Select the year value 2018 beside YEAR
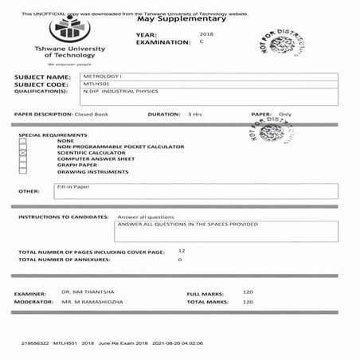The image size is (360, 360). tap(206, 35)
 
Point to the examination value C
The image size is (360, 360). tap(202, 42)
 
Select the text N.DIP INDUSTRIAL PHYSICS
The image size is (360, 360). tap(119, 92)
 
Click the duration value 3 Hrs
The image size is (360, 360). tap(194, 115)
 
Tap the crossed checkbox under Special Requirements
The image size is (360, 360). tap(23, 152)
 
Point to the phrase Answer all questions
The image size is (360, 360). tap(146, 217)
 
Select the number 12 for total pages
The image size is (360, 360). tap(182, 250)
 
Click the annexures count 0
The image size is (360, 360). tap(180, 260)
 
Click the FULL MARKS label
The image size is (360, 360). tap(204, 293)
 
